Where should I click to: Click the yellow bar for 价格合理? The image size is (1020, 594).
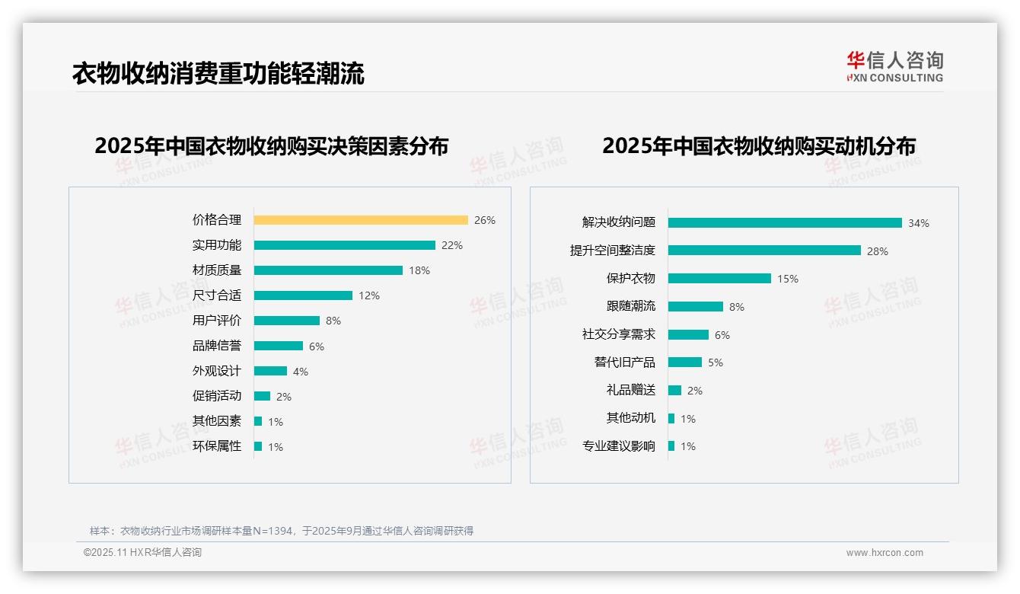[361, 220]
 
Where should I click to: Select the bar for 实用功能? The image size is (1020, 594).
[344, 245]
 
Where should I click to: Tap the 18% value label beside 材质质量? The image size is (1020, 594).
[419, 270]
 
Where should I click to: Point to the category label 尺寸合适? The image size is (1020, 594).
[217, 295]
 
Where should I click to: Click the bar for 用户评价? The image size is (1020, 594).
[287, 321]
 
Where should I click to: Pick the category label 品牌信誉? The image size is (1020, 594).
[217, 346]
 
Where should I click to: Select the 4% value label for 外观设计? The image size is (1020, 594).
[301, 372]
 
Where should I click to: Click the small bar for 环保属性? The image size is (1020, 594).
[258, 446]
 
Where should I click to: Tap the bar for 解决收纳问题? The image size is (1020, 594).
[785, 223]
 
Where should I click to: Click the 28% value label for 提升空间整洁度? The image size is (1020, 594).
[877, 251]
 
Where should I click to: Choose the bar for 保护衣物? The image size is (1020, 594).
[719, 279]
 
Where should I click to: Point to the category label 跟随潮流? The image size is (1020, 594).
[630, 306]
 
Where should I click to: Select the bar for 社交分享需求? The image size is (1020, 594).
[688, 334]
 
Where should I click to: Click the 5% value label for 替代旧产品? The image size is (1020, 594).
[716, 362]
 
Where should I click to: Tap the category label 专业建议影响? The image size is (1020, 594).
[618, 446]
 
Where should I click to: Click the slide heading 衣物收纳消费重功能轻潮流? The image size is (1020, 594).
[218, 73]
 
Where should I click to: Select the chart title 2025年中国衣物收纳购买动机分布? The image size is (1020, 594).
[758, 145]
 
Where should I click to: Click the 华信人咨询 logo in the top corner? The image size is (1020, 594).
[894, 66]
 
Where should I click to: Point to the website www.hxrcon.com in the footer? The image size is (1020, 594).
[884, 553]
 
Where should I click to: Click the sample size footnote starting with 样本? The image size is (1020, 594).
[282, 531]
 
